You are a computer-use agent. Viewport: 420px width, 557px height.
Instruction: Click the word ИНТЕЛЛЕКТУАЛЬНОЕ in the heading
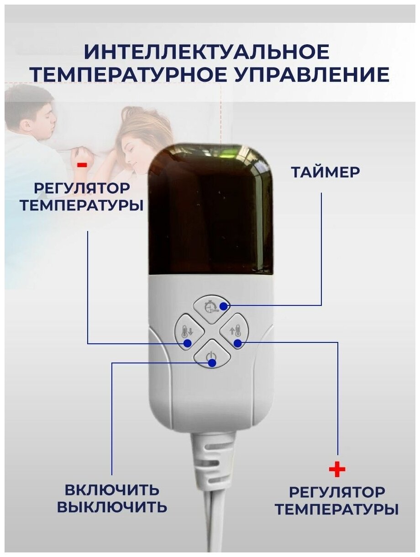click(207, 52)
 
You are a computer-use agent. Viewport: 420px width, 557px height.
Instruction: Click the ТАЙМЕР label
click(325, 172)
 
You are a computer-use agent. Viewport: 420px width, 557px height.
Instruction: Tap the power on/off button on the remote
click(210, 355)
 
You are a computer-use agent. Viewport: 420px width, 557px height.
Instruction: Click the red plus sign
click(337, 469)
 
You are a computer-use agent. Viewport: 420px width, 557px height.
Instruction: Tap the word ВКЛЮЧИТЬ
click(112, 490)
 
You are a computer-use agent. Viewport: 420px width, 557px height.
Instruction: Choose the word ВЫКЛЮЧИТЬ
click(112, 507)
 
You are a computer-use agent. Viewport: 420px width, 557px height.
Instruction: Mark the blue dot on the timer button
click(223, 305)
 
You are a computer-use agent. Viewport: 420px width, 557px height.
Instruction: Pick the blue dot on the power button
click(212, 363)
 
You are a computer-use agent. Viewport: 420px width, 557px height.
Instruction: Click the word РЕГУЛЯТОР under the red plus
click(337, 493)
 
